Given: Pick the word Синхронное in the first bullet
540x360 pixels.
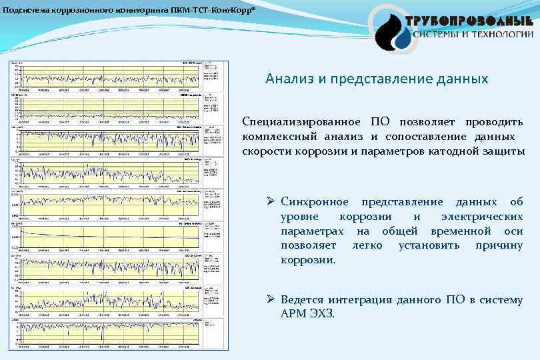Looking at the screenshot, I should [314, 202].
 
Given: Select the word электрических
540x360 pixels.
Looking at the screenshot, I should [481, 217].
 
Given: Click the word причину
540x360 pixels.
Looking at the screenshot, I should [499, 245].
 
